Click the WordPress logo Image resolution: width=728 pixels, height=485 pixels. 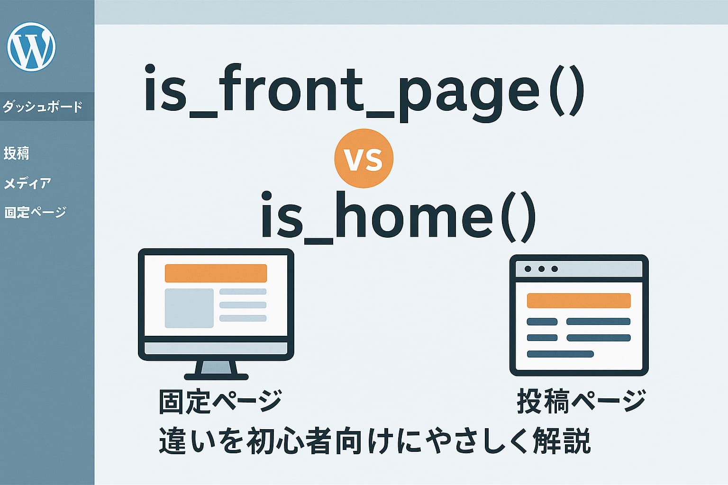point(31,47)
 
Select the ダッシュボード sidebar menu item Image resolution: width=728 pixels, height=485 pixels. point(43,107)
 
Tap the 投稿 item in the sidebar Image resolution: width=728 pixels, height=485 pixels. point(17,153)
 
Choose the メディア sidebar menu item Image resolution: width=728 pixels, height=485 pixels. point(27,183)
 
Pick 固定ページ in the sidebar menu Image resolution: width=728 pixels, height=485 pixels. point(35,212)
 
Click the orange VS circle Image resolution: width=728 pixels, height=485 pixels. point(364,159)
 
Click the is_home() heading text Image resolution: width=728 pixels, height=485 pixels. point(398,217)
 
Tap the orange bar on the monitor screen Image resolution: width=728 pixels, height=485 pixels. point(216,273)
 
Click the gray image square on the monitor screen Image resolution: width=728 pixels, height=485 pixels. point(189,308)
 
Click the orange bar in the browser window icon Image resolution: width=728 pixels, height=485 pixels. point(579,301)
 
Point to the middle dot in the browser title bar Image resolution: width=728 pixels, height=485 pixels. point(541,269)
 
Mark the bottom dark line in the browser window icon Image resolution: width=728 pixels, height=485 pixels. point(560,354)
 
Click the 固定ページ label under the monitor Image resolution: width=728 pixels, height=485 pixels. point(220,401)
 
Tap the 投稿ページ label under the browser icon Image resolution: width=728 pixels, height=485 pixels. point(581,401)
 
